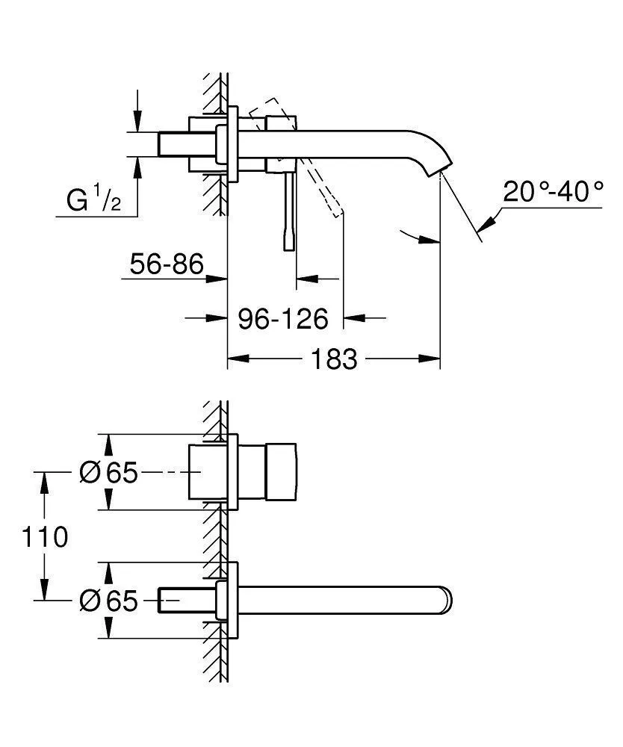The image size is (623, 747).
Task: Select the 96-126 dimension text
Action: click(283, 319)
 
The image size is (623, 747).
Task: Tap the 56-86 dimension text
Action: click(167, 264)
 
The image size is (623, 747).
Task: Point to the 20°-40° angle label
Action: click(553, 192)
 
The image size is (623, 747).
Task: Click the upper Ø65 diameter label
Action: click(109, 473)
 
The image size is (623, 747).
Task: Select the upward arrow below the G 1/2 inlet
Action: click(137, 167)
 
